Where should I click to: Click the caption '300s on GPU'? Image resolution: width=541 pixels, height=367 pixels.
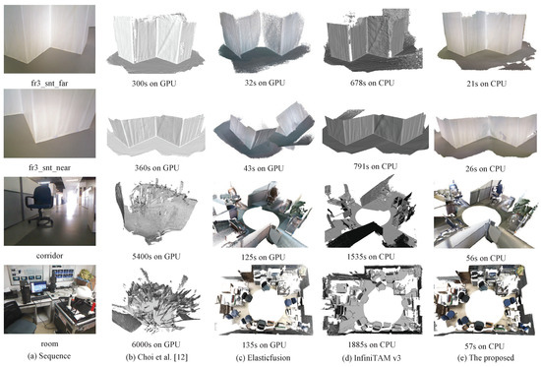click(x=153, y=84)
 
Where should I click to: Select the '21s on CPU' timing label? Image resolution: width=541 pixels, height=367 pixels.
click(x=487, y=84)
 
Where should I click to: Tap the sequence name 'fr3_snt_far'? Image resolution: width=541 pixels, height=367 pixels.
click(x=49, y=84)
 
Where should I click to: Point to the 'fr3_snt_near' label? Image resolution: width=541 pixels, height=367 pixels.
click(x=48, y=168)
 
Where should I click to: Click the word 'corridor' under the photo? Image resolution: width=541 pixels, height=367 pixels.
click(x=49, y=256)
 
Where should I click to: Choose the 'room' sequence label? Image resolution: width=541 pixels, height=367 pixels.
click(x=49, y=343)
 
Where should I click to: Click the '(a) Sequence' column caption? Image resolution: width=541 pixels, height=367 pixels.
click(x=48, y=356)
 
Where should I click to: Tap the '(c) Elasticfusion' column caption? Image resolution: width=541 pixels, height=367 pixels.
click(x=264, y=358)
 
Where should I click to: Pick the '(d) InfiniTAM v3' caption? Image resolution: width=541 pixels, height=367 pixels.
click(x=372, y=358)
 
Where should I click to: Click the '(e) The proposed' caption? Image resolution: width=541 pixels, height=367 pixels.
click(x=486, y=358)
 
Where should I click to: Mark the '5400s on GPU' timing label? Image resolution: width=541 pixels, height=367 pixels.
click(x=156, y=257)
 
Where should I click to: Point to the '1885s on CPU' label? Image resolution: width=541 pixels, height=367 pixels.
click(x=372, y=344)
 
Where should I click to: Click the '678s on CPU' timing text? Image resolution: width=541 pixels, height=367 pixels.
click(x=372, y=83)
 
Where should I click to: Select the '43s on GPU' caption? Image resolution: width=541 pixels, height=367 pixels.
click(x=264, y=168)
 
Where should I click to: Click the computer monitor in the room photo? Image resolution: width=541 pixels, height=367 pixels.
click(x=38, y=287)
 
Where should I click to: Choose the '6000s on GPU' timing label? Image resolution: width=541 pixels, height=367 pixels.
click(x=156, y=344)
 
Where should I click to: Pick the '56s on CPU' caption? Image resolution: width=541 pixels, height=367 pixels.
click(x=486, y=258)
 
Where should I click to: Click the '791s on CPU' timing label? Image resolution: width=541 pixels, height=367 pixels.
click(x=375, y=166)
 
